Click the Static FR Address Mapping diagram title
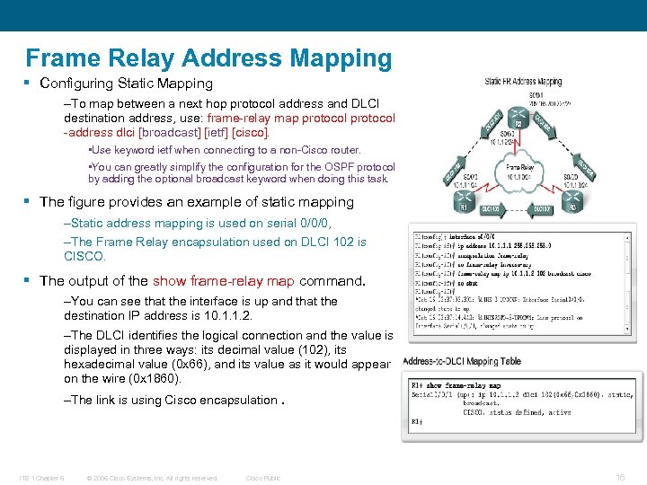coord(523,82)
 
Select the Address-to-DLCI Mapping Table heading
coord(461,361)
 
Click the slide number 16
coord(619,478)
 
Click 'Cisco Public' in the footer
coord(262,478)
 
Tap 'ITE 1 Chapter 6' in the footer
coord(41,478)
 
